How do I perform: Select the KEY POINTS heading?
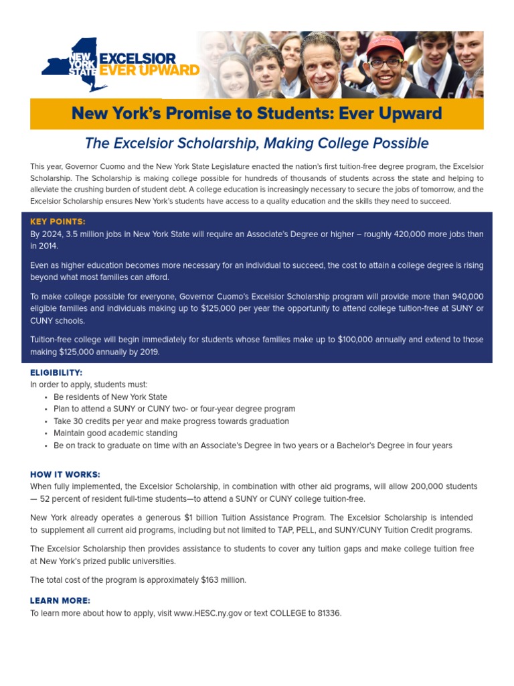[x=58, y=222]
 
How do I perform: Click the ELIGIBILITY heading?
[x=56, y=372]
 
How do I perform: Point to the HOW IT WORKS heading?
[x=65, y=474]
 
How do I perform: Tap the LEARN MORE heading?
[x=60, y=601]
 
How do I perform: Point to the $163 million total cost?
[x=224, y=579]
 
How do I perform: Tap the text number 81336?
[x=329, y=613]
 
